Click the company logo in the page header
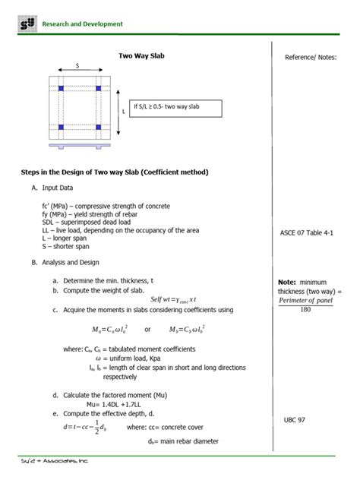tap(27, 24)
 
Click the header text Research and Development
tap(83, 24)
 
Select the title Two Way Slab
tap(141, 55)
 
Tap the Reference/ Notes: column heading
tap(310, 58)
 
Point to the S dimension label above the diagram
tap(77, 65)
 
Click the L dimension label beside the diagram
tap(123, 110)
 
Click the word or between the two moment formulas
tap(148, 329)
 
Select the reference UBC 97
tap(295, 419)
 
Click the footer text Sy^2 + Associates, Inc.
tap(55, 460)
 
